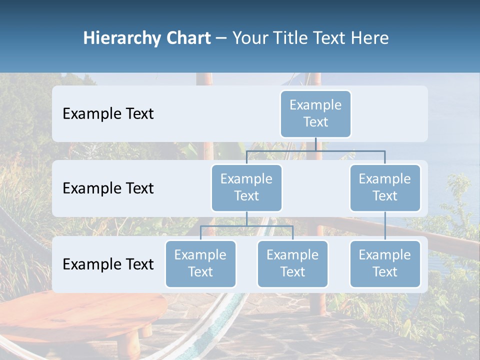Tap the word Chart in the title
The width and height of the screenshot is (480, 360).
coord(186,38)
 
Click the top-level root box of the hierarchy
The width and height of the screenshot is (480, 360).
coord(315,113)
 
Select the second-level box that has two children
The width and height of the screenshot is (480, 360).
coord(246,187)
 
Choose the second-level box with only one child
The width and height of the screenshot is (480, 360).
coord(385,187)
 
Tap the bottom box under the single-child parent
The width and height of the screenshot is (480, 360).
coord(385,263)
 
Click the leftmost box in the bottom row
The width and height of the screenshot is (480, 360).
coord(200,263)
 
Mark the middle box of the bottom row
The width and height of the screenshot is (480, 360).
coord(292,263)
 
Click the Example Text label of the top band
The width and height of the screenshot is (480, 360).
coord(108,113)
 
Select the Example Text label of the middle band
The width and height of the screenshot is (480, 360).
coord(108,188)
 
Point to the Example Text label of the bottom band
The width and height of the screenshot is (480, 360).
coord(108,264)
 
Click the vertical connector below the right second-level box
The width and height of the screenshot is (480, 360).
coord(385,226)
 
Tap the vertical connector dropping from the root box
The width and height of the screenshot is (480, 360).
coord(315,144)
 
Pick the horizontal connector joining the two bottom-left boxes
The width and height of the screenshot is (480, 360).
coord(246,226)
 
